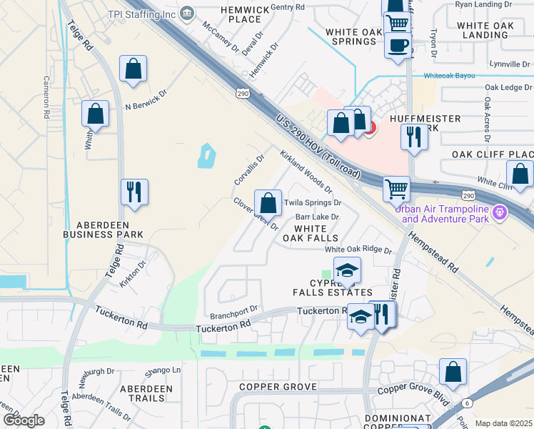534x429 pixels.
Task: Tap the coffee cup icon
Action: (x=398, y=46)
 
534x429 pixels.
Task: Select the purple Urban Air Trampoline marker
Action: (x=499, y=212)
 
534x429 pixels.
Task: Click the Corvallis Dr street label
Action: (x=249, y=169)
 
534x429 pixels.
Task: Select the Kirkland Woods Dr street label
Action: (x=306, y=172)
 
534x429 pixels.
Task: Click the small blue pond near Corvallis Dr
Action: (x=206, y=155)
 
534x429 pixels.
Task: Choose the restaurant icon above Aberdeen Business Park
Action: (x=133, y=192)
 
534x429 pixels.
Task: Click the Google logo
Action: (x=24, y=420)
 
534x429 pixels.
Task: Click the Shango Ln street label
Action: (x=163, y=370)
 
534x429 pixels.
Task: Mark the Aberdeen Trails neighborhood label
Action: (x=146, y=393)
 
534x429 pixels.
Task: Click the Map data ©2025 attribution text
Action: (x=503, y=423)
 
